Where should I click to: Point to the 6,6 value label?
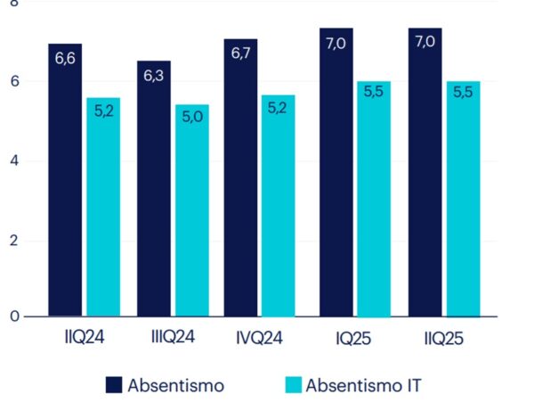click(x=65, y=59)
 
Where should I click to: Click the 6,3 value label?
click(x=153, y=77)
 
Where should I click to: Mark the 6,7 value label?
click(x=240, y=55)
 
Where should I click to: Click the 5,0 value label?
click(x=192, y=119)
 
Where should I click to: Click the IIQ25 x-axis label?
click(x=442, y=340)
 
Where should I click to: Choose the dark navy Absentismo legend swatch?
click(x=114, y=385)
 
